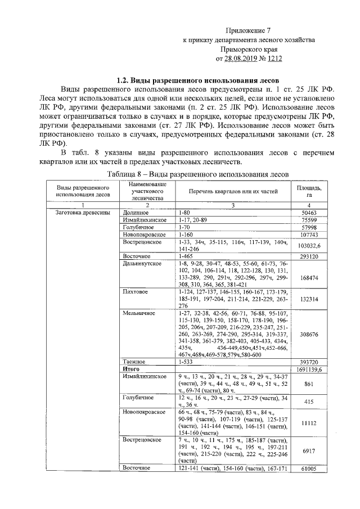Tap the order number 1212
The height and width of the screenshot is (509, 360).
click(x=274, y=58)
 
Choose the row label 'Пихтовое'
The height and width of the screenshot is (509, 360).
click(x=136, y=292)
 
